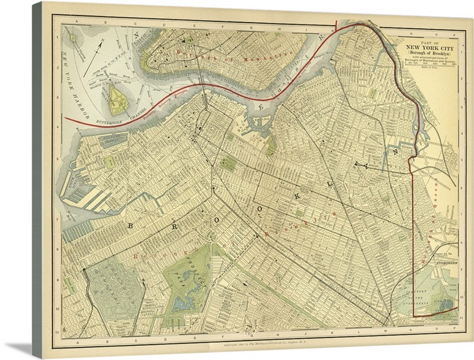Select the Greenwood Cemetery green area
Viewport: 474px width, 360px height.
click(116, 290)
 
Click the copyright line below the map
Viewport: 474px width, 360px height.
click(237, 343)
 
